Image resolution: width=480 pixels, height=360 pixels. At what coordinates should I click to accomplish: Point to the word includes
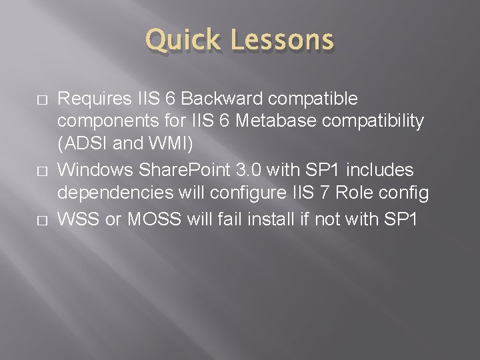click(385, 171)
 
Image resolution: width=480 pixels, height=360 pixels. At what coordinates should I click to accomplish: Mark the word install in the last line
click(271, 218)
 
